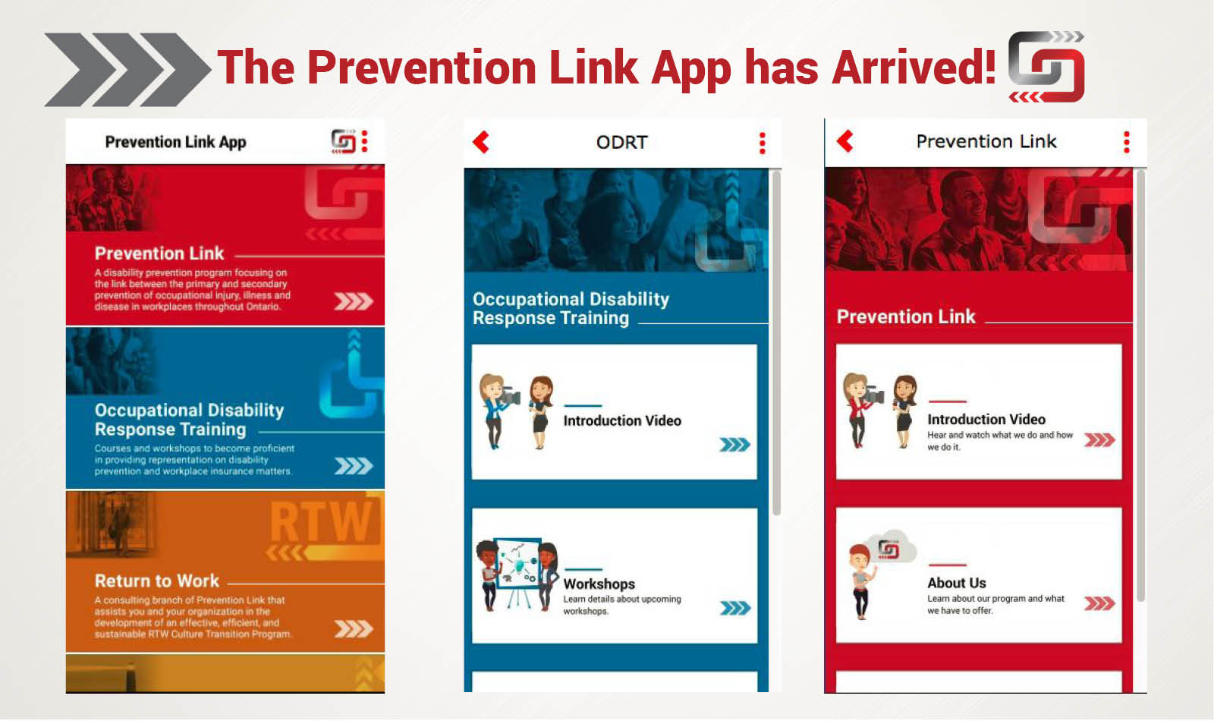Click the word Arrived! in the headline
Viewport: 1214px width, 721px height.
click(914, 68)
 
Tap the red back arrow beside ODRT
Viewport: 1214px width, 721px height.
click(481, 142)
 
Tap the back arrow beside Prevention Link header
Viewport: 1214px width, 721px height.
click(845, 141)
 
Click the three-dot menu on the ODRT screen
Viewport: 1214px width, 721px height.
click(763, 143)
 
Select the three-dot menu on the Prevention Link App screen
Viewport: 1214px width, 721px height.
click(365, 141)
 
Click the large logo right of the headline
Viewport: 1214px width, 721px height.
click(1046, 68)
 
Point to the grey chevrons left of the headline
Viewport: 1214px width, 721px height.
click(126, 69)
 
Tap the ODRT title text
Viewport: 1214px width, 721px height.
click(621, 143)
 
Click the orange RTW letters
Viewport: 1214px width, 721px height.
click(322, 521)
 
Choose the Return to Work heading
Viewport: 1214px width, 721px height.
click(157, 581)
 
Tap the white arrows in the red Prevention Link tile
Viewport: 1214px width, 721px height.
click(353, 301)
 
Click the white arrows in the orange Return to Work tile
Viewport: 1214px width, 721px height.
click(353, 628)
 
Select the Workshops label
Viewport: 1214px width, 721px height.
click(599, 584)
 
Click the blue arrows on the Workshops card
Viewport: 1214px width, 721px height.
click(734, 608)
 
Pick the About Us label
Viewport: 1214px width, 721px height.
click(956, 583)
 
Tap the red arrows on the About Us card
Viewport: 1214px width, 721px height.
click(1099, 604)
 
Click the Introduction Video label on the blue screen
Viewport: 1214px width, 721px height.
click(621, 420)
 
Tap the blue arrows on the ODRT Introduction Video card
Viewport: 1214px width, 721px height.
click(734, 445)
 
